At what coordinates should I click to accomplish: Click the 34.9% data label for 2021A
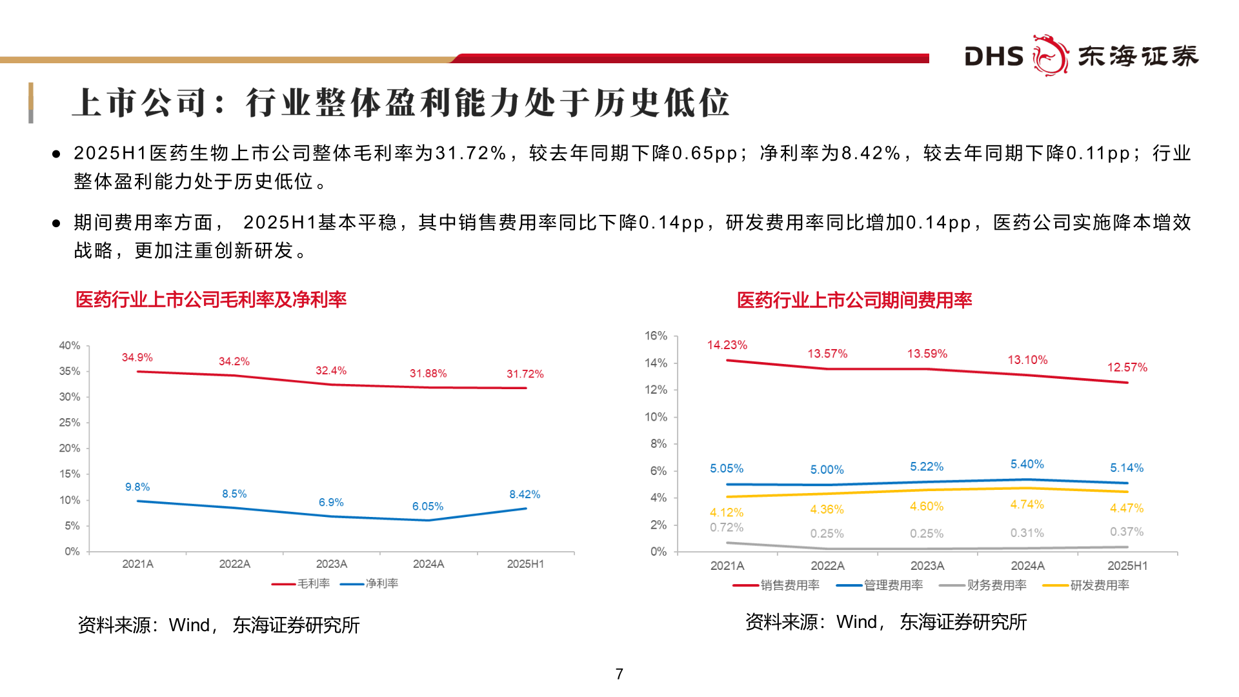[137, 358]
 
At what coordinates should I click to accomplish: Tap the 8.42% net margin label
[524, 494]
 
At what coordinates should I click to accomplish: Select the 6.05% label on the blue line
[427, 507]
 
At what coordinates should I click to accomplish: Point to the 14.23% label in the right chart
[727, 345]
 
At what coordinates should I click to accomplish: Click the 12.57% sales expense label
[1127, 367]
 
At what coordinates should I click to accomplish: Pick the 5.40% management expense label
[1027, 464]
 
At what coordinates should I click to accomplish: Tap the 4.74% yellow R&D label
[1027, 505]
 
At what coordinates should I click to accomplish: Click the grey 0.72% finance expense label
[727, 527]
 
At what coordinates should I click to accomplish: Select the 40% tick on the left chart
[70, 345]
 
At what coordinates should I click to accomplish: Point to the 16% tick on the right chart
[656, 336]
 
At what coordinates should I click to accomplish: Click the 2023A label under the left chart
[331, 564]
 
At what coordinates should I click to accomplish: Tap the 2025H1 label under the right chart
[1127, 566]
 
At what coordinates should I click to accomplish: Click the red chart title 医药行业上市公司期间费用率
[854, 300]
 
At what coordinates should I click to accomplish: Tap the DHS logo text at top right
[994, 57]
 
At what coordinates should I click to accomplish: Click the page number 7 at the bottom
[619, 674]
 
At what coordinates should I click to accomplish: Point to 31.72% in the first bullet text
[470, 154]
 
